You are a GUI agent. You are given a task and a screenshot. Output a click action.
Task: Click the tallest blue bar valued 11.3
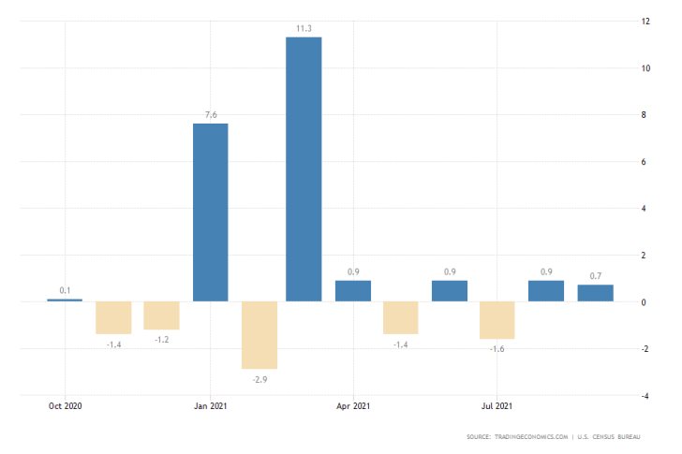304,168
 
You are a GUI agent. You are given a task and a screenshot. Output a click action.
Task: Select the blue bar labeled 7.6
210,212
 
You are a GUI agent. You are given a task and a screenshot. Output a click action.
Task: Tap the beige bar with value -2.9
259,335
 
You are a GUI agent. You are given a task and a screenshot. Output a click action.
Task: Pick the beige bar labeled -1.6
497,320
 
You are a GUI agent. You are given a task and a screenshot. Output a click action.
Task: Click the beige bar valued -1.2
161,315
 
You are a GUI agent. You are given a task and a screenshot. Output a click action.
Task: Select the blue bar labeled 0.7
595,293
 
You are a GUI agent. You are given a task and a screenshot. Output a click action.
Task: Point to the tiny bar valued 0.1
65,300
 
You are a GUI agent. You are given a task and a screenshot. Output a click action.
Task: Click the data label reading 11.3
304,29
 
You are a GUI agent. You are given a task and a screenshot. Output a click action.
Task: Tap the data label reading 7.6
210,115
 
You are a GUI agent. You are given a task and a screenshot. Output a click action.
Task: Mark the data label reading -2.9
259,377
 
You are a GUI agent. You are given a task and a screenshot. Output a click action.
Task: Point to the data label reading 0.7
595,276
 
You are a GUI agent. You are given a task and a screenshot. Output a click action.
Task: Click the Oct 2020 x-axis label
66,406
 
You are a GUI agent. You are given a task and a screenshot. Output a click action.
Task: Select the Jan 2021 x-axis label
210,406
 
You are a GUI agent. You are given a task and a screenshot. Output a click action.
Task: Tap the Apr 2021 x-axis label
353,406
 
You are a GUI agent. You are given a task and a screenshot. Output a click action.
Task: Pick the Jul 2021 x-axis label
497,406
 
